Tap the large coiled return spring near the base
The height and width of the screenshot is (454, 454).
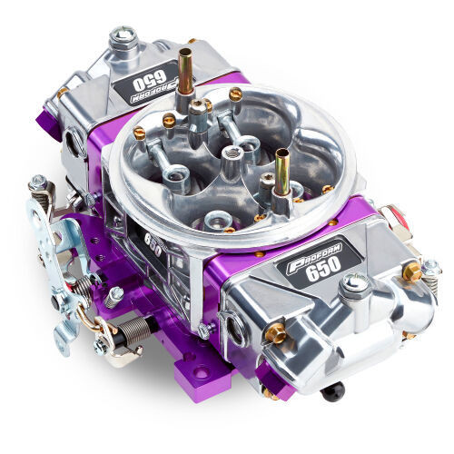pos(130,328)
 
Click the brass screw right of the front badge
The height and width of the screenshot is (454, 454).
pos(410,271)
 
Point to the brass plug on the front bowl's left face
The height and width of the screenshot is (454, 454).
pos(275,333)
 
